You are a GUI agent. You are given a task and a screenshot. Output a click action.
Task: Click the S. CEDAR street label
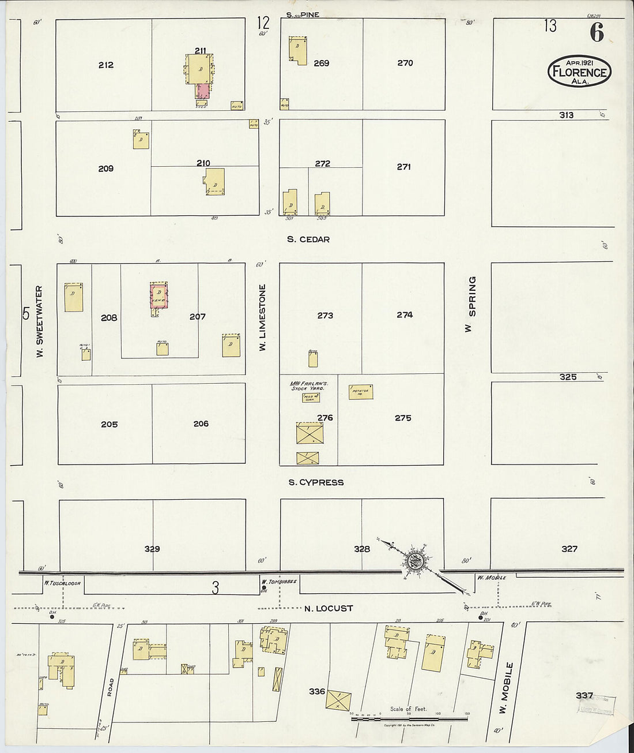coord(308,239)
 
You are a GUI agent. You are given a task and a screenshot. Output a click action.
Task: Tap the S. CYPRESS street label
coord(316,482)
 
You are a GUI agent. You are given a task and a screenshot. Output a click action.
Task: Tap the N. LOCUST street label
coord(328,608)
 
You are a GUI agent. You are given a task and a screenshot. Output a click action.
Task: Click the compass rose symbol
coord(414,560)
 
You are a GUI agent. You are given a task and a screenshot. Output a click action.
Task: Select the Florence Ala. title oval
coord(578,72)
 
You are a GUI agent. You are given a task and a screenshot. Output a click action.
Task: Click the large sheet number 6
coord(597,33)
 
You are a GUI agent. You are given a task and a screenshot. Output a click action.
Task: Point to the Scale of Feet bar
coord(409,719)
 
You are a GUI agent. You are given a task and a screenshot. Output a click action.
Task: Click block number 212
coord(105,65)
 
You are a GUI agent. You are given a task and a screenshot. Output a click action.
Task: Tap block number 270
coord(405,63)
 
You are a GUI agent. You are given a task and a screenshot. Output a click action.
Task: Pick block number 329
coord(152,549)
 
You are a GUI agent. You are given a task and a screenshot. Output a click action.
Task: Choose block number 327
coord(569,549)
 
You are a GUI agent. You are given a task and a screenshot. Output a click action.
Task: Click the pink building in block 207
coord(158,295)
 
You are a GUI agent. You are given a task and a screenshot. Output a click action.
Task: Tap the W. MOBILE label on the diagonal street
coord(504,688)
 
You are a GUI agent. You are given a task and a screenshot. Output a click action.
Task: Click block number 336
coord(317,691)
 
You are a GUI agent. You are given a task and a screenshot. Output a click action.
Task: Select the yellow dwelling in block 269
coord(298,51)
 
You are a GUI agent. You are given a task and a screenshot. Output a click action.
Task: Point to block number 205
coord(109,424)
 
